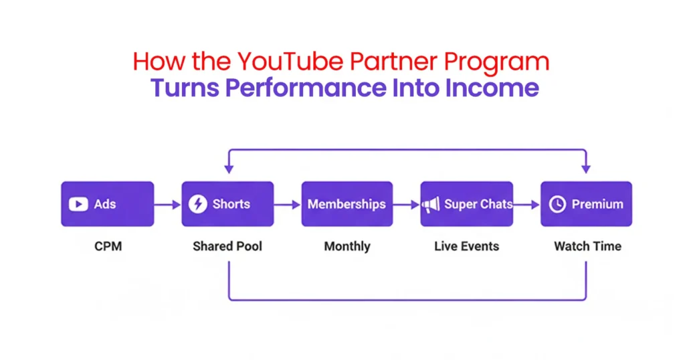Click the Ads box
pyautogui.click(x=107, y=204)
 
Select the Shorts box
pyautogui.click(x=227, y=204)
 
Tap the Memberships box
pyautogui.click(x=347, y=204)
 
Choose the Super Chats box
pyautogui.click(x=466, y=204)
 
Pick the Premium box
pyautogui.click(x=586, y=204)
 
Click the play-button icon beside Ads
pyautogui.click(x=78, y=204)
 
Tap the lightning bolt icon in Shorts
pyautogui.click(x=197, y=204)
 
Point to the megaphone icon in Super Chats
pyautogui.click(x=431, y=205)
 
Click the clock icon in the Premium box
pyautogui.click(x=557, y=205)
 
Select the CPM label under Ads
pyautogui.click(x=107, y=246)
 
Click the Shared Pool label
pyautogui.click(x=227, y=246)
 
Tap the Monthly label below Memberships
pyautogui.click(x=347, y=246)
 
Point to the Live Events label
pyautogui.click(x=466, y=246)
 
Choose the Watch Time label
pyautogui.click(x=587, y=246)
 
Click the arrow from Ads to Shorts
pyautogui.click(x=167, y=205)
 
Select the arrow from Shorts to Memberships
pyautogui.click(x=287, y=205)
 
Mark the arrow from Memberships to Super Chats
pyautogui.click(x=406, y=205)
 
